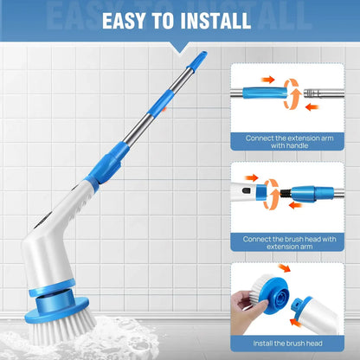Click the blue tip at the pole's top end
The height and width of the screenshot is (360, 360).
point(199,59)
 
